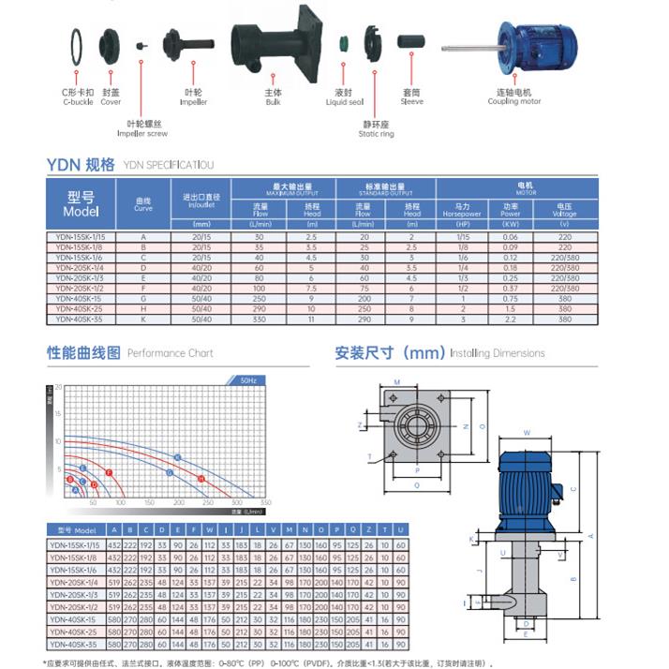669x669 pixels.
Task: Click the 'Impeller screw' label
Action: [x=140, y=128]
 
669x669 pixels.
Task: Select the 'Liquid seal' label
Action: [x=344, y=97]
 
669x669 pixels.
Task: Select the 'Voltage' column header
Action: [x=564, y=209]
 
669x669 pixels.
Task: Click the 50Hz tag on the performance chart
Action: [x=249, y=381]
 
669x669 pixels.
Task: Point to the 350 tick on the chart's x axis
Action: [x=265, y=503]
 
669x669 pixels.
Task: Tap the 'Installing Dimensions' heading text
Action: [x=497, y=353]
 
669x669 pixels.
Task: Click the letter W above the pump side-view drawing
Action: [x=527, y=433]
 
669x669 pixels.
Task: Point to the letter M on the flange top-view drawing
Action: [x=397, y=382]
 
